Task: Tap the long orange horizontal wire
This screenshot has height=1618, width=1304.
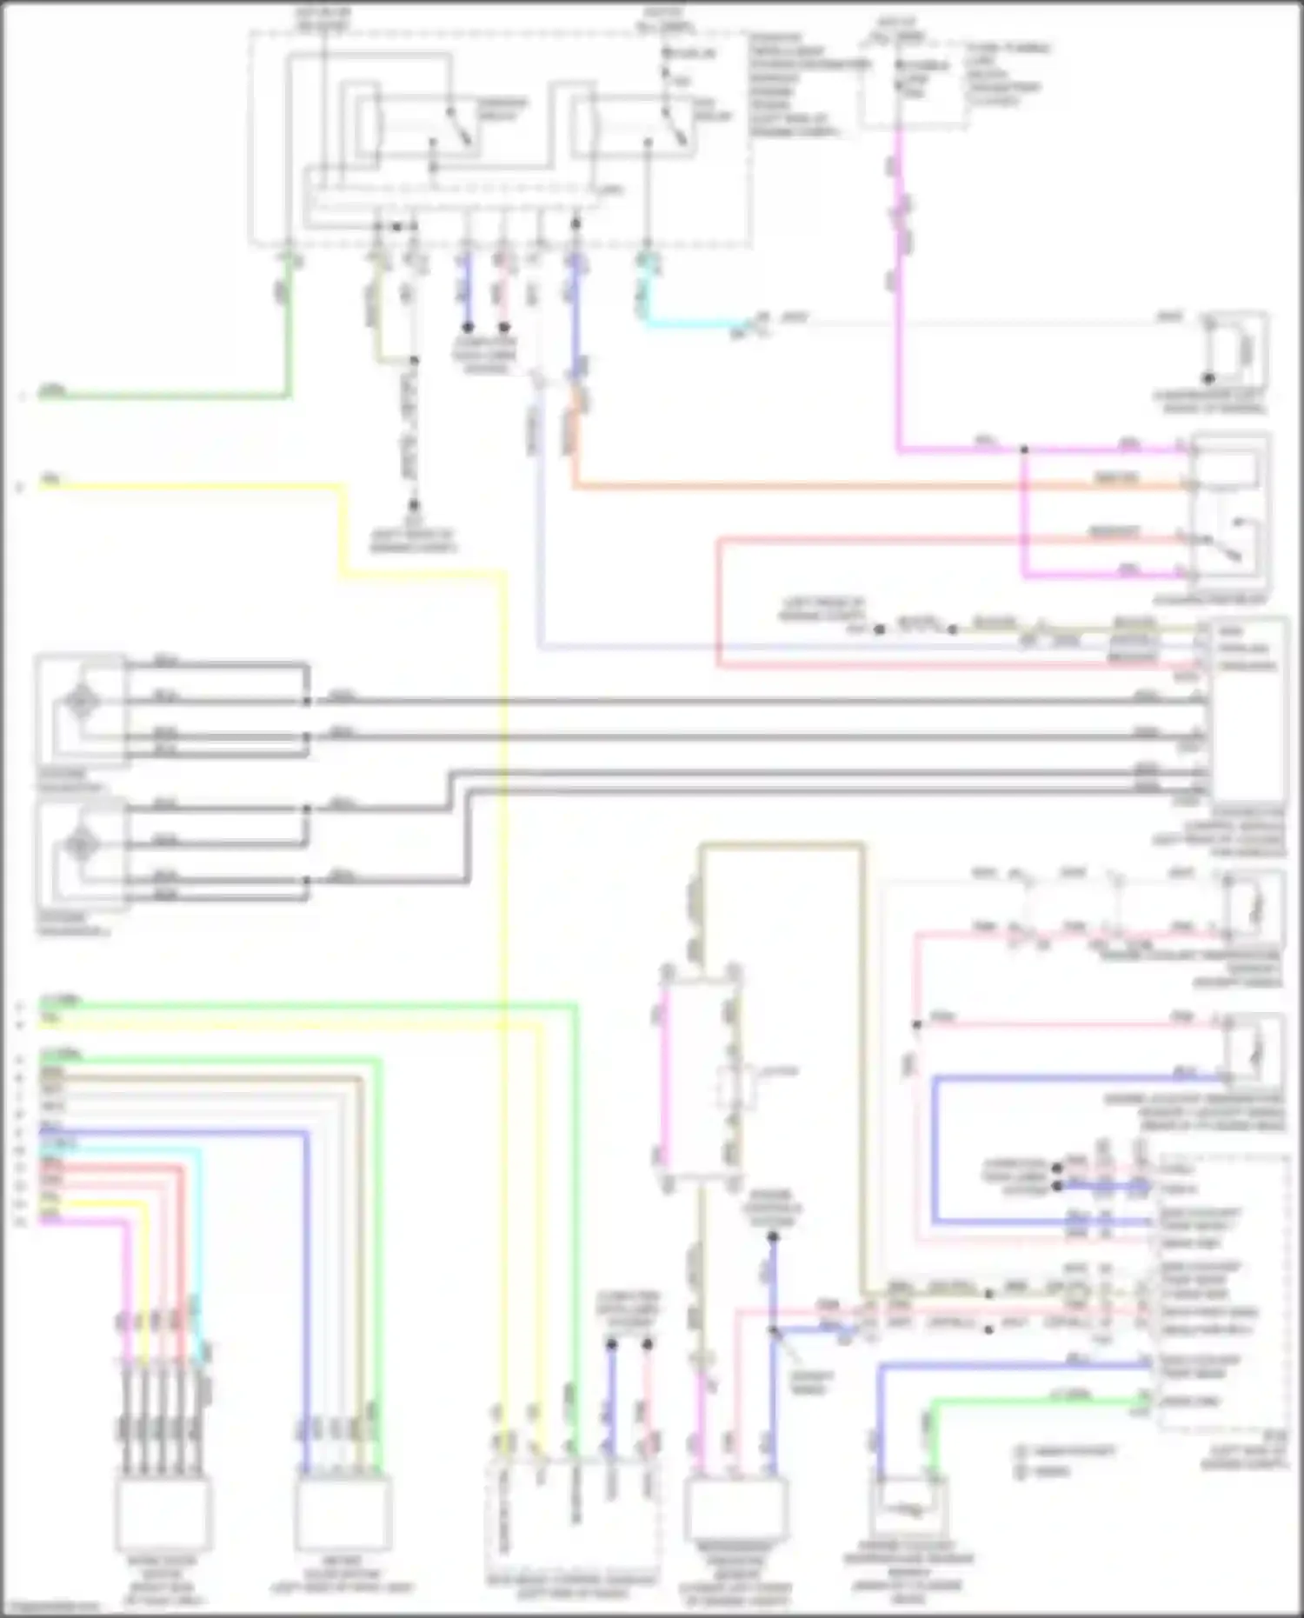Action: pyautogui.click(x=869, y=485)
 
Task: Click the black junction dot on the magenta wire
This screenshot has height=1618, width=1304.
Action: pyautogui.click(x=1024, y=449)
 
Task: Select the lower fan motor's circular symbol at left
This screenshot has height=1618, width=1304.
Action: pyautogui.click(x=81, y=843)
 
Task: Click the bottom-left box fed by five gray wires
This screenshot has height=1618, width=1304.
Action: pyautogui.click(x=163, y=1513)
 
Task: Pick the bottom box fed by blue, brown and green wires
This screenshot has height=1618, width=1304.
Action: pyautogui.click(x=342, y=1513)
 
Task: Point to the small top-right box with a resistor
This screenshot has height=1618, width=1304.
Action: pyautogui.click(x=1235, y=351)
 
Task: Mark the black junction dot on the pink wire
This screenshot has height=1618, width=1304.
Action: pyautogui.click(x=916, y=1024)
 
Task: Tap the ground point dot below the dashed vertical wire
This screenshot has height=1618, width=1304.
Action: pyautogui.click(x=414, y=505)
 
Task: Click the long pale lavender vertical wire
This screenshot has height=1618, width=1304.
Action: pyautogui.click(x=539, y=522)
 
